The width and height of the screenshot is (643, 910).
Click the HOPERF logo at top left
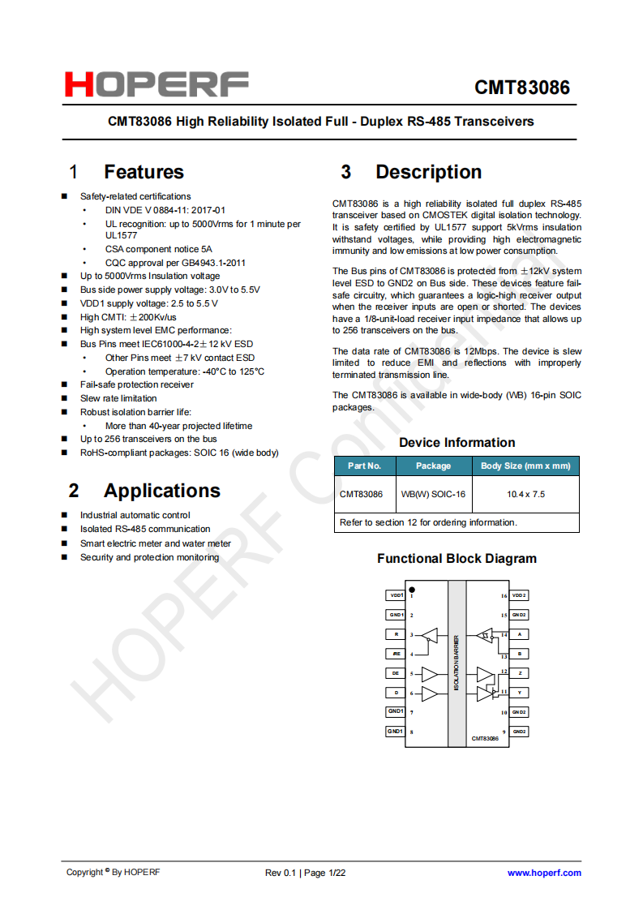coord(156,84)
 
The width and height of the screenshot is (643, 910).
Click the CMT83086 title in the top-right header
coord(522,87)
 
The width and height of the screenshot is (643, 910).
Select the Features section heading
coord(144,172)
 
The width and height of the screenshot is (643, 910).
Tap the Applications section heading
coord(161,491)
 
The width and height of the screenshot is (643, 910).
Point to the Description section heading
coord(428,172)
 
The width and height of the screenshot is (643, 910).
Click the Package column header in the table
coord(433,466)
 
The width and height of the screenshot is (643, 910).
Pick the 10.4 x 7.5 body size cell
coord(525,494)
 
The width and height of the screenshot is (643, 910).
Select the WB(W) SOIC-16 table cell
coord(433,494)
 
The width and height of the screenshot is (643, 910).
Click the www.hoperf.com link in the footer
coord(544,873)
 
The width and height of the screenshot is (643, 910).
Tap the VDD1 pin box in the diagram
coord(396,595)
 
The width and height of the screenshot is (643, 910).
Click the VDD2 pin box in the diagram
coord(519,595)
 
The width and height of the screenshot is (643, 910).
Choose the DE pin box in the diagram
coord(396,673)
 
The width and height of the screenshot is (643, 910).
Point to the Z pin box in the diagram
coord(519,673)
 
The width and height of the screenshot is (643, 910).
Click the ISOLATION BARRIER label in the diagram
coord(457,663)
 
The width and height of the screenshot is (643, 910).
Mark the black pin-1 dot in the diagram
coord(412,590)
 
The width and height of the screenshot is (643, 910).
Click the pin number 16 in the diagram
coord(504,596)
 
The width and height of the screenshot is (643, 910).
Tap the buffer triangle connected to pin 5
coord(429,674)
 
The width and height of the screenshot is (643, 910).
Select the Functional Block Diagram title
coord(457,559)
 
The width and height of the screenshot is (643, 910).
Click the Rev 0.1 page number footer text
coord(306,873)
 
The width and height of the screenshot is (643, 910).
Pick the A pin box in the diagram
coord(519,634)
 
